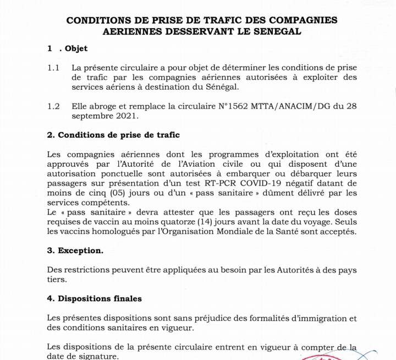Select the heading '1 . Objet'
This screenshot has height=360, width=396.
67,48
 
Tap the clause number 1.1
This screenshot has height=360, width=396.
53,68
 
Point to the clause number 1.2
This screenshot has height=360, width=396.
53,106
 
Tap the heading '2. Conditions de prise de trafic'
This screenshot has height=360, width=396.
113,135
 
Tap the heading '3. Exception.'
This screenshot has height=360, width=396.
75,250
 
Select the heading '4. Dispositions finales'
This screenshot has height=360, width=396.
94,298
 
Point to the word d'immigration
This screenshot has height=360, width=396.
317,318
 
